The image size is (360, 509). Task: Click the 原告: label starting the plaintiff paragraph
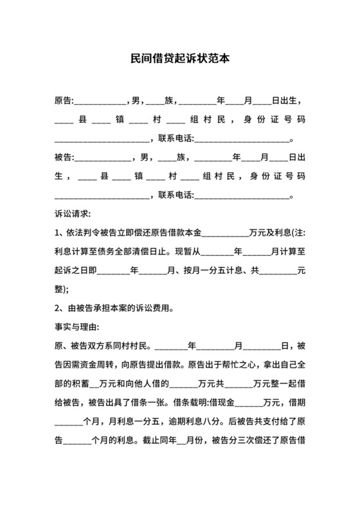(x=64, y=101)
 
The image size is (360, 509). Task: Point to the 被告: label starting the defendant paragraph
(x=64, y=157)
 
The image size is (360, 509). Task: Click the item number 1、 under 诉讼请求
(x=61, y=232)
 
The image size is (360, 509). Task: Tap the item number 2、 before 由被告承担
(x=61, y=307)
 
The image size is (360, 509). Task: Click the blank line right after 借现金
(x=249, y=406)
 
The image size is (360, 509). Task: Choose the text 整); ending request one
(x=63, y=288)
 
